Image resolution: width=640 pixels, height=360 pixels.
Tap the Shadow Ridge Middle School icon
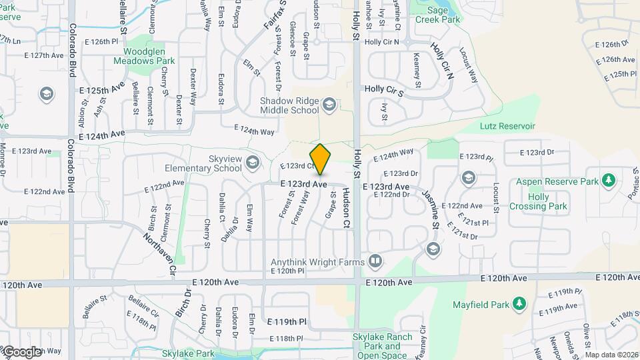tap(329, 105)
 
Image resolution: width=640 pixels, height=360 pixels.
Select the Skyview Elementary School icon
tap(253, 161)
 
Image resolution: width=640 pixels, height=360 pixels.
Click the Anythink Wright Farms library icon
tap(375, 261)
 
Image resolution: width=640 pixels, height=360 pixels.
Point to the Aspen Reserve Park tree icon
tap(607, 181)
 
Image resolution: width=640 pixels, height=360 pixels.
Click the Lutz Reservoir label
tap(507, 126)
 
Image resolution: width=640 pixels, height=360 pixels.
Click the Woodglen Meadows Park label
tap(149, 55)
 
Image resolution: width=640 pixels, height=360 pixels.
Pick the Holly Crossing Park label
tap(538, 201)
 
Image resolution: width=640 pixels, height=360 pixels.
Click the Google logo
tap(21, 351)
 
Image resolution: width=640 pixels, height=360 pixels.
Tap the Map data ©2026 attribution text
tap(611, 355)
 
